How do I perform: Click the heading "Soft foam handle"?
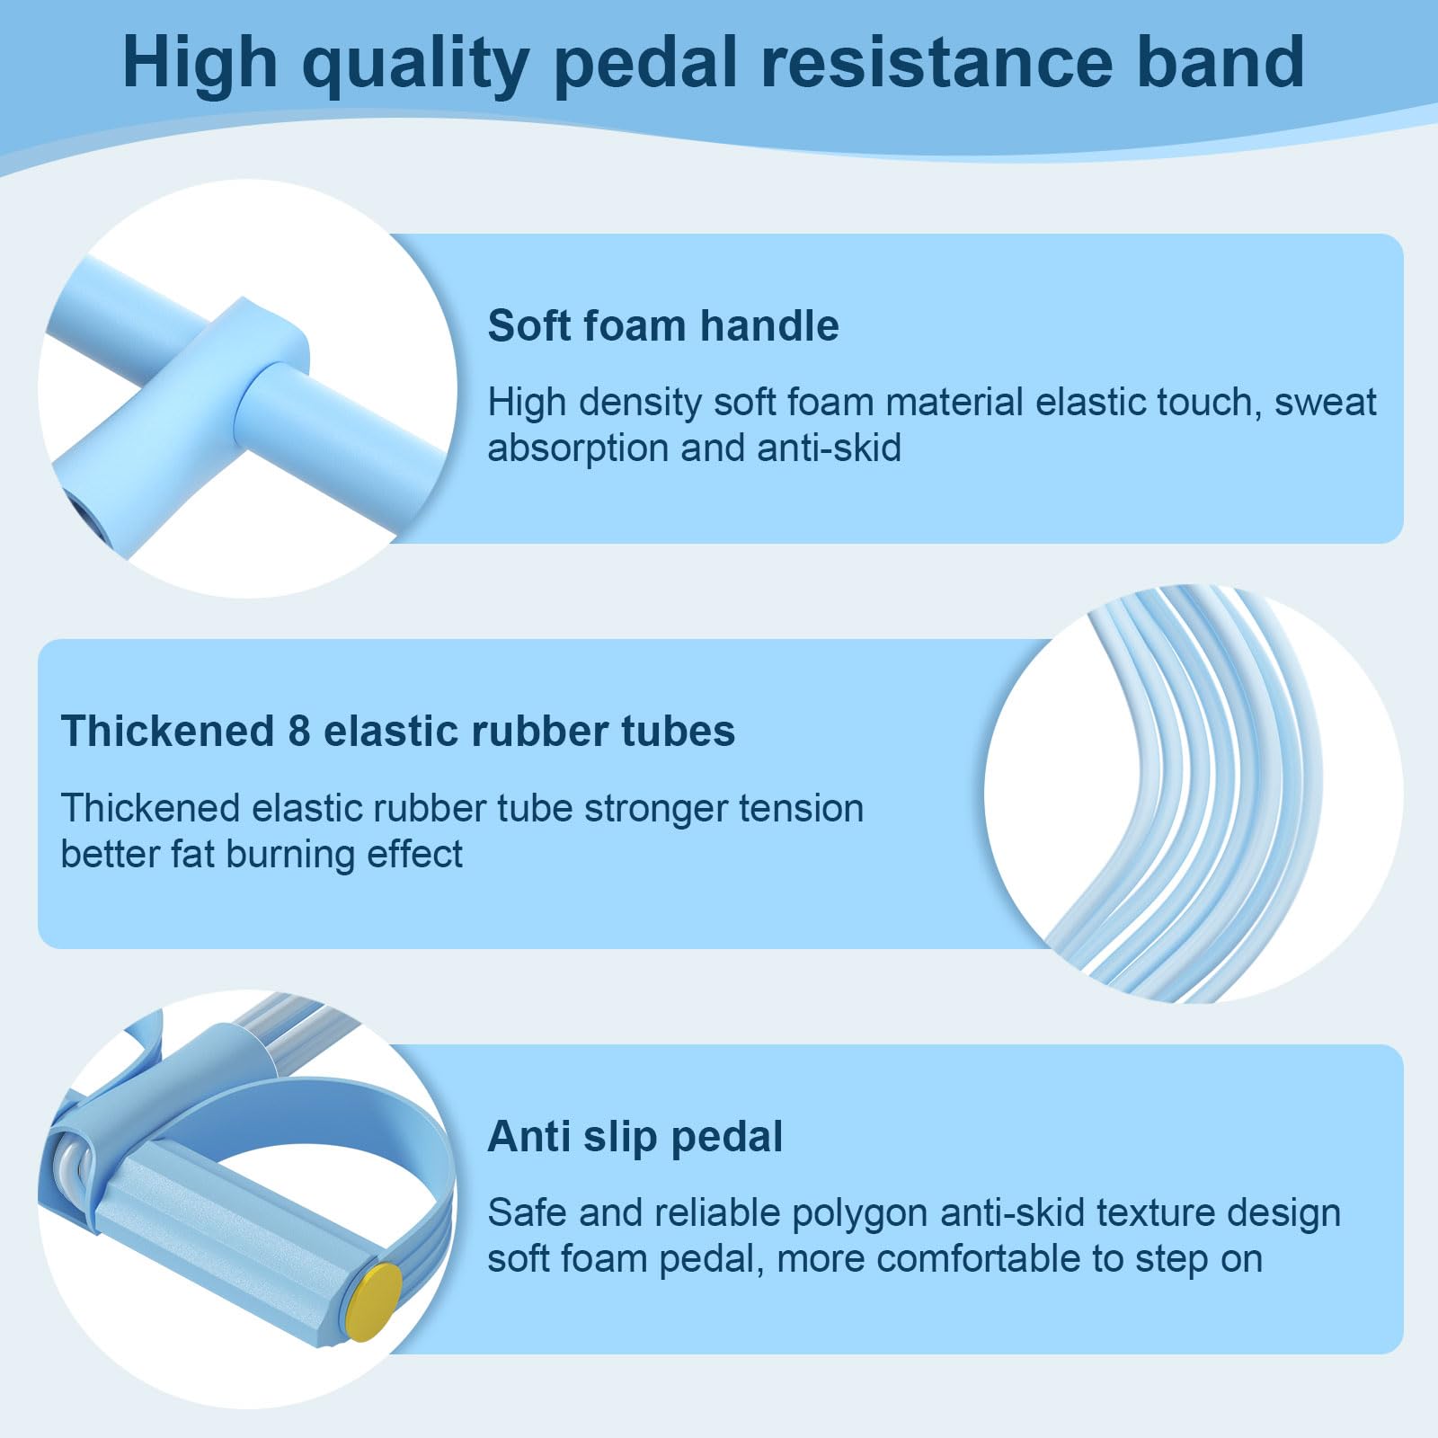[663, 325]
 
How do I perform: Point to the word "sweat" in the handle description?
[1325, 402]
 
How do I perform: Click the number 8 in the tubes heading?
[299, 731]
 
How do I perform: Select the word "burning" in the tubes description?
[280, 854]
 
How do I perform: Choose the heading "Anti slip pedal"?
[635, 1136]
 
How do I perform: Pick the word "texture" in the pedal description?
[1156, 1213]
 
